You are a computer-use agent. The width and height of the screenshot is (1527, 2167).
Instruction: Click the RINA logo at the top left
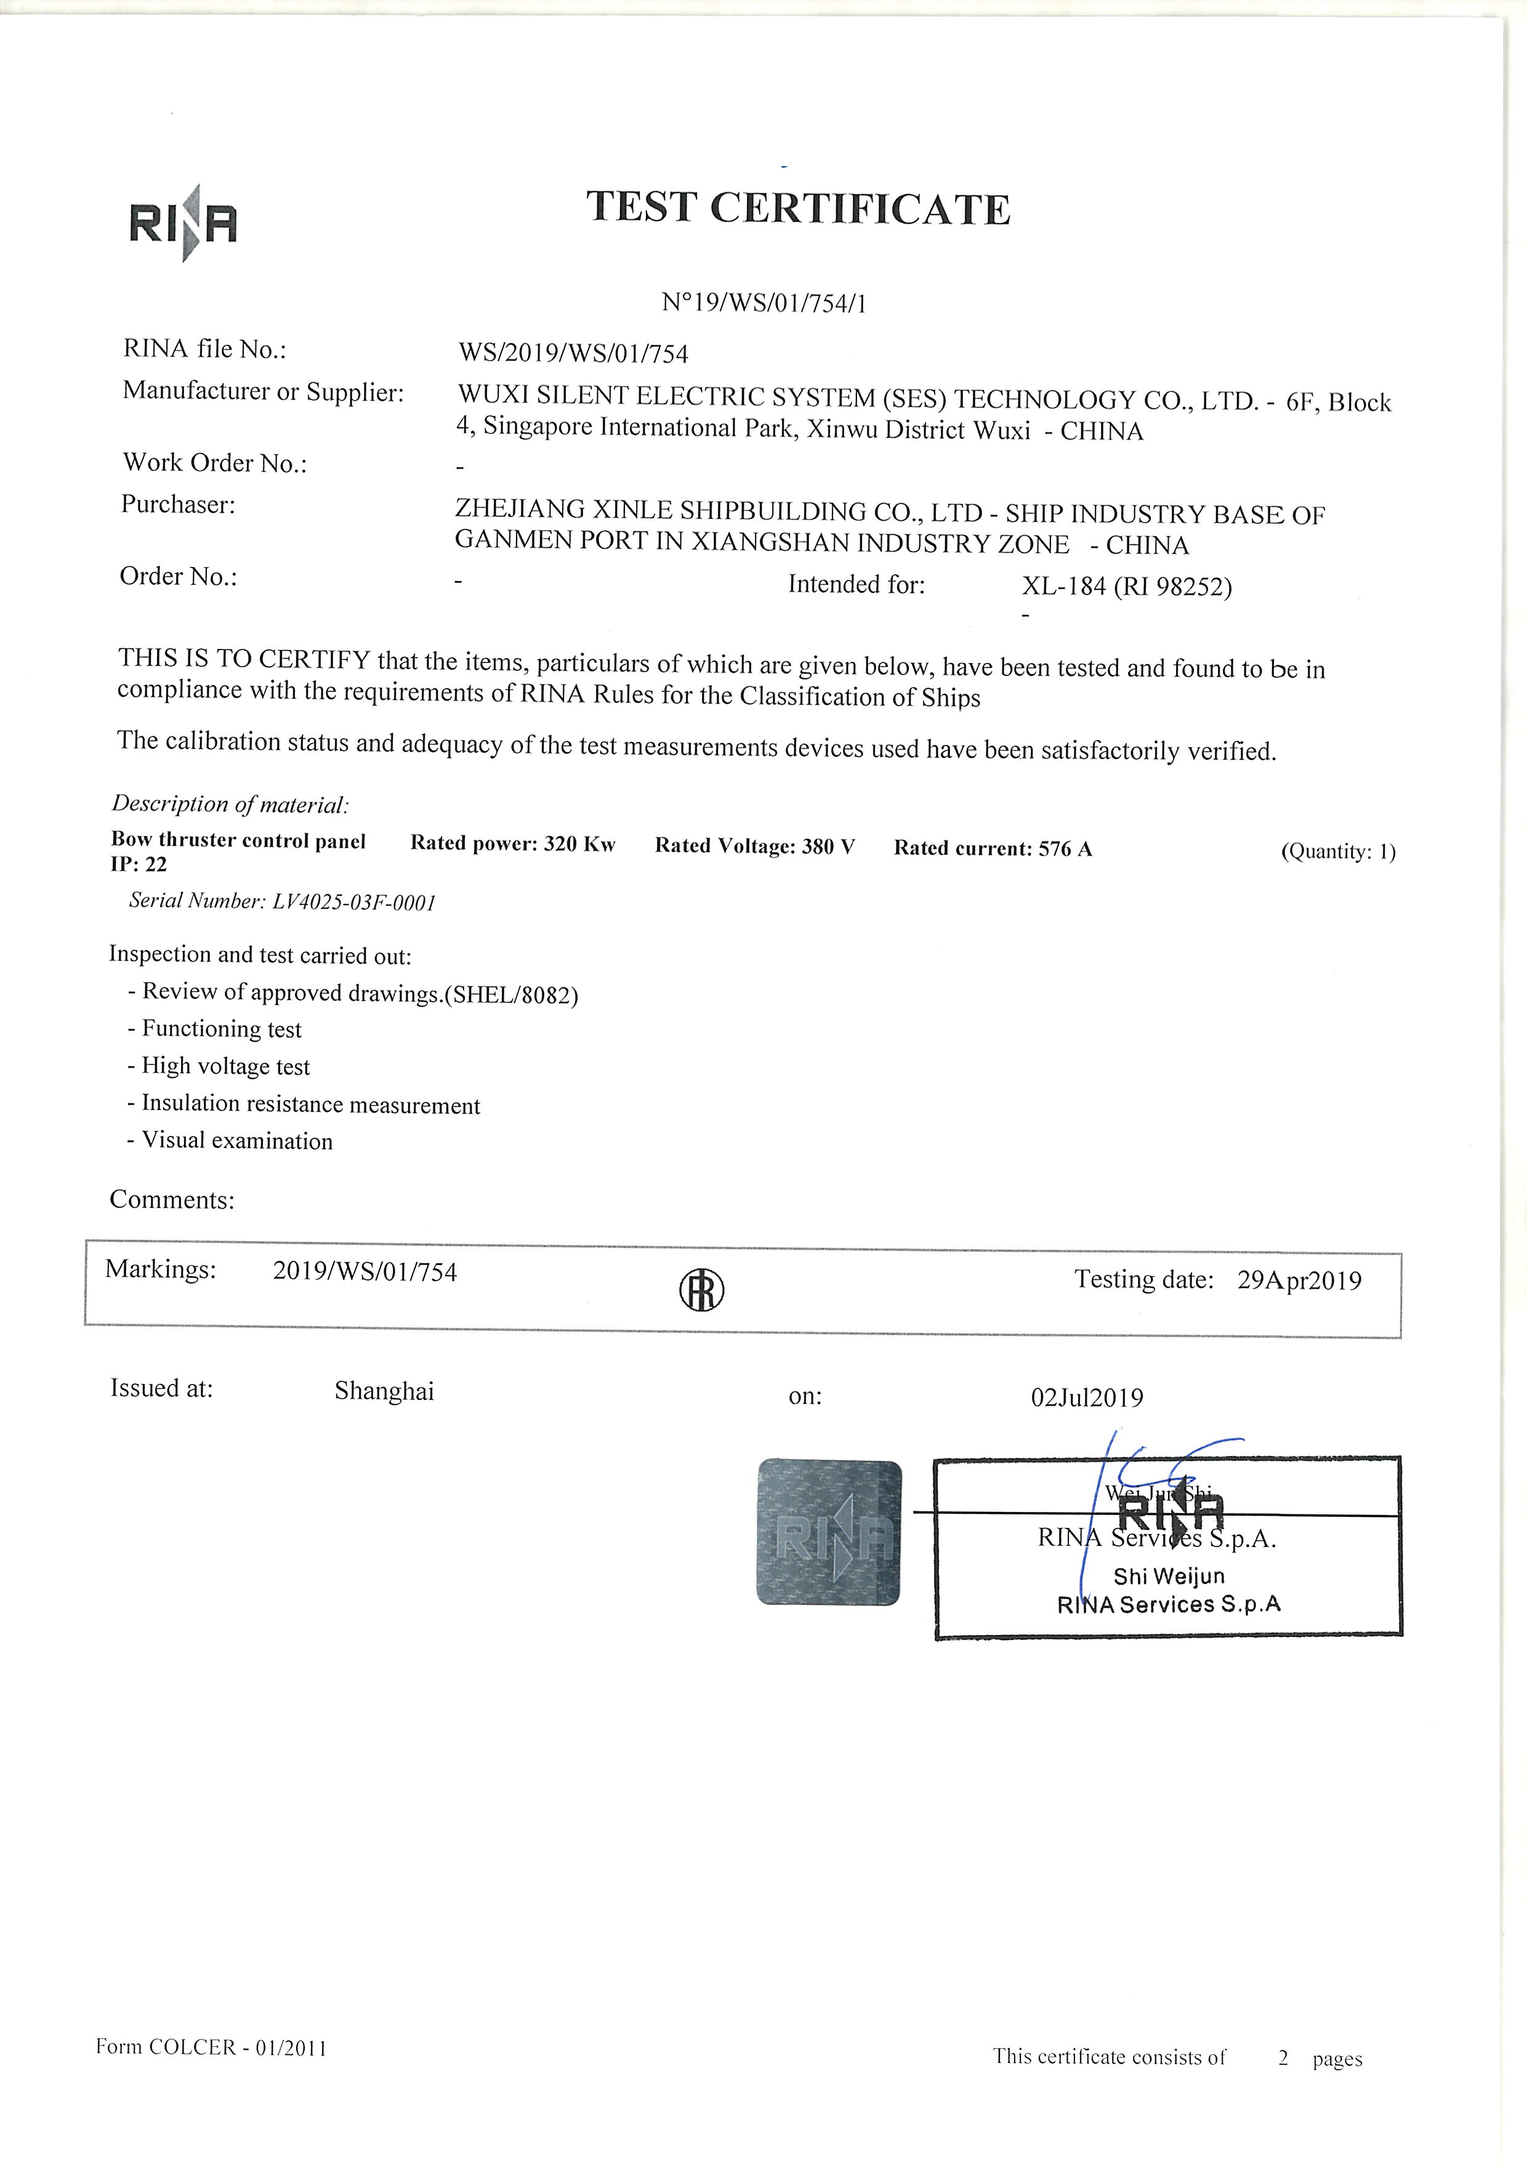click(x=183, y=223)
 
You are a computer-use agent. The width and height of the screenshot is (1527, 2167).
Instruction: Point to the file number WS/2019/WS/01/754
click(x=573, y=353)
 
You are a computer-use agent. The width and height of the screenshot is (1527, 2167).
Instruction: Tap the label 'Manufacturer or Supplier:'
click(x=264, y=391)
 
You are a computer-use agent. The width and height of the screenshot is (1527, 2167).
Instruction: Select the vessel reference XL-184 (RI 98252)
click(x=1126, y=586)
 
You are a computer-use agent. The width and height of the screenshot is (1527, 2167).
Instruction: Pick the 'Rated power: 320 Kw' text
click(x=512, y=844)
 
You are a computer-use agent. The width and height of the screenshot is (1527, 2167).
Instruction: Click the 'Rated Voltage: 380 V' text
click(x=755, y=846)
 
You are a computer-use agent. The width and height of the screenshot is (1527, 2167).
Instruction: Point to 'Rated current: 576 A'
click(x=993, y=848)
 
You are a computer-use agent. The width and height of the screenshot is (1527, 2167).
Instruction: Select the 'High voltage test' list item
click(x=225, y=1066)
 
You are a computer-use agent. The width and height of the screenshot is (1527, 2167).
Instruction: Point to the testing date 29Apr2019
click(x=1299, y=1280)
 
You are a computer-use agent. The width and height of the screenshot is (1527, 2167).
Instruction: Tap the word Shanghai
click(x=384, y=1391)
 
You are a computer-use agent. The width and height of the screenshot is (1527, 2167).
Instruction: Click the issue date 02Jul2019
click(x=1086, y=1398)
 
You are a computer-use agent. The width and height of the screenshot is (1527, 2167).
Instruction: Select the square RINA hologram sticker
click(x=829, y=1533)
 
